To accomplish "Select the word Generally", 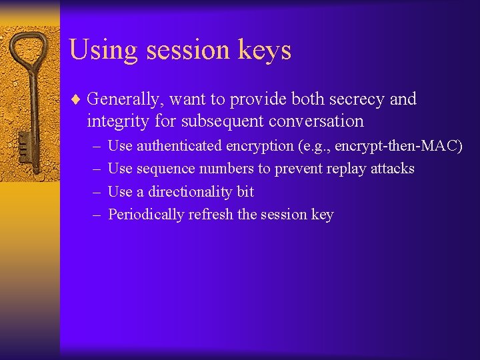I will (x=125, y=100).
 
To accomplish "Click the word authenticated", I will (x=179, y=146).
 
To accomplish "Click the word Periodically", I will (x=146, y=215).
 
